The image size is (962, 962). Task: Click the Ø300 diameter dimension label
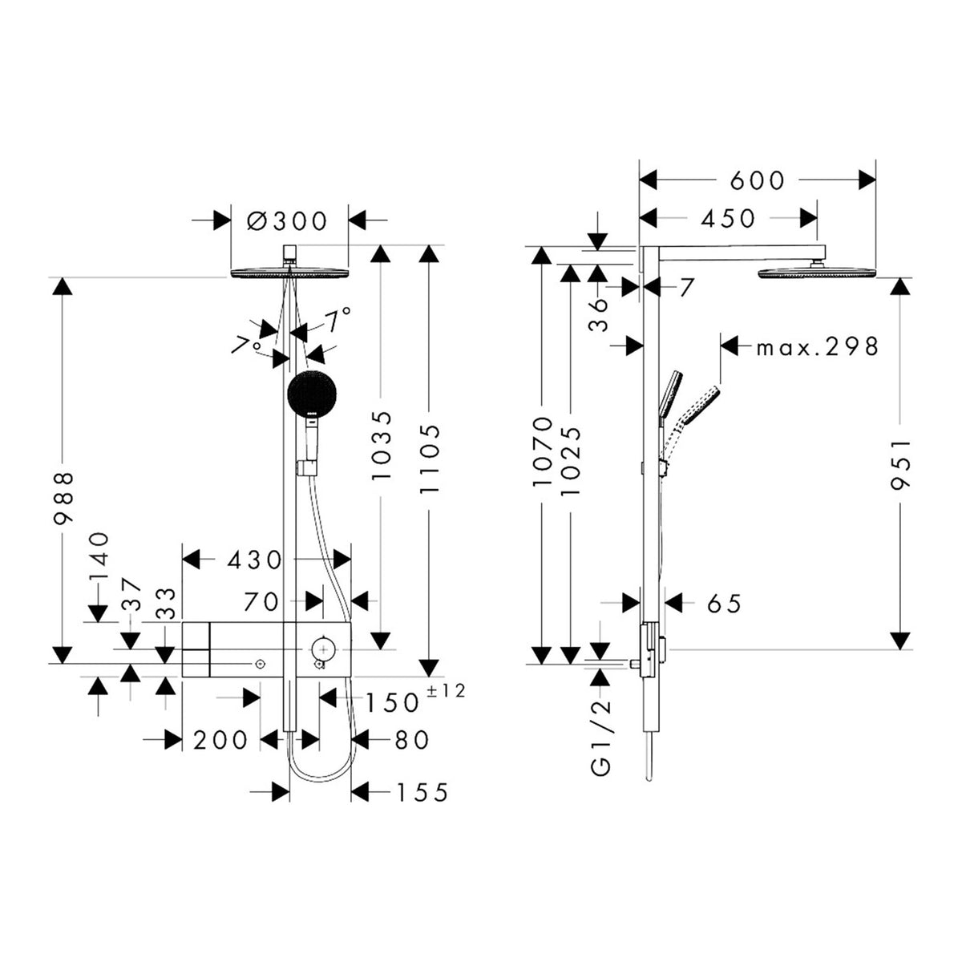click(287, 220)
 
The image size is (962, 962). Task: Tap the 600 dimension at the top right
click(757, 180)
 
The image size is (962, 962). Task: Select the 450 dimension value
click(728, 219)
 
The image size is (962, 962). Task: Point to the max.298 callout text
click(817, 346)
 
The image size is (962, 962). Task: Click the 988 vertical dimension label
click(64, 498)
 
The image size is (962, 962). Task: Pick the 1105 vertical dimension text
click(429, 459)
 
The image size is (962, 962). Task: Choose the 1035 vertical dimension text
click(381, 446)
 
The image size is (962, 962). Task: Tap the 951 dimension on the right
click(901, 464)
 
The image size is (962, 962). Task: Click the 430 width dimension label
click(255, 560)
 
